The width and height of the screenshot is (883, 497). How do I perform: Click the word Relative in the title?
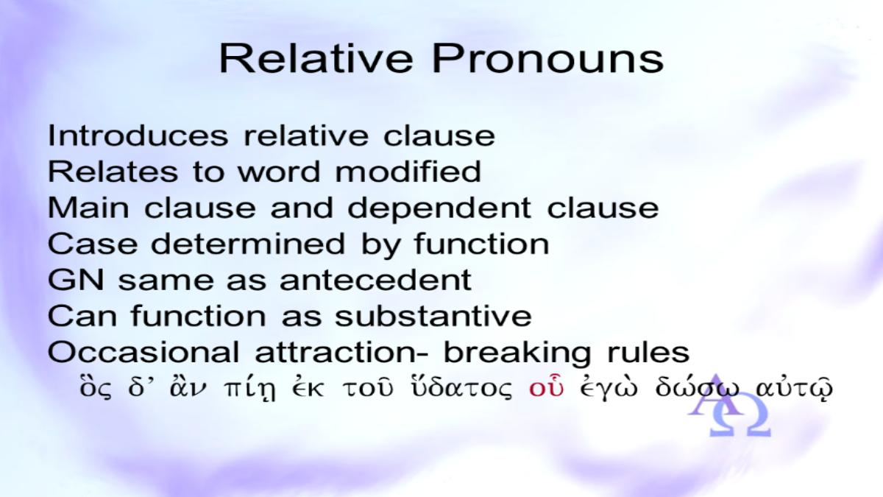(x=316, y=59)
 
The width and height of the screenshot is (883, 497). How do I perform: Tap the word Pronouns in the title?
(x=548, y=59)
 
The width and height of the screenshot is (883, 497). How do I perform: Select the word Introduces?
(x=138, y=135)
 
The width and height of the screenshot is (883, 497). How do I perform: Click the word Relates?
(x=113, y=172)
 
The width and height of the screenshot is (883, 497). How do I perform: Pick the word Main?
(x=88, y=208)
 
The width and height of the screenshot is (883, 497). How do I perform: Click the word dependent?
(x=439, y=209)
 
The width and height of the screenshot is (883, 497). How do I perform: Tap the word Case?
(x=93, y=244)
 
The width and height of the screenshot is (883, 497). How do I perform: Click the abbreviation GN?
(x=76, y=280)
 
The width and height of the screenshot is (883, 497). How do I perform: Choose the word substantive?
(x=433, y=316)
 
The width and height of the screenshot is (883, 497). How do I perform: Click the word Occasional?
(x=143, y=352)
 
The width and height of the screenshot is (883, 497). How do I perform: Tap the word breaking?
(x=517, y=353)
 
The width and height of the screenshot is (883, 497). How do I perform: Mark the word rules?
(x=648, y=352)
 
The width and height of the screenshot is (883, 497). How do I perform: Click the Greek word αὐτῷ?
(x=794, y=387)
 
